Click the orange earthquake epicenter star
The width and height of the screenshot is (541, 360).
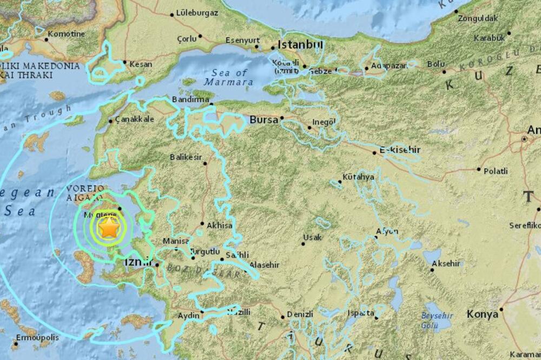click(x=109, y=228)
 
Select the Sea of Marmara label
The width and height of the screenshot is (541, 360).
click(x=229, y=77)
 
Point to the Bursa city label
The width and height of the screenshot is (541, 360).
click(x=263, y=119)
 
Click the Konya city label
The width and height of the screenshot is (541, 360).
click(x=482, y=314)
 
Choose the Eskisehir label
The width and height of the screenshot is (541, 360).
click(x=400, y=149)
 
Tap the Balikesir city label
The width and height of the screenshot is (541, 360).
click(x=186, y=157)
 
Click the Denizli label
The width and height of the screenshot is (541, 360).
click(x=301, y=314)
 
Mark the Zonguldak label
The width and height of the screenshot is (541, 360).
click(x=478, y=18)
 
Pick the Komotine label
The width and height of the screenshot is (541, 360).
click(x=66, y=34)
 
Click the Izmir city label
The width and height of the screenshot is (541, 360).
click(x=136, y=263)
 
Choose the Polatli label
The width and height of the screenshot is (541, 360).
click(x=496, y=171)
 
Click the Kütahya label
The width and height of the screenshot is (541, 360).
click(x=359, y=177)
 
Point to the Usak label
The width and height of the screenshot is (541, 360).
click(x=312, y=237)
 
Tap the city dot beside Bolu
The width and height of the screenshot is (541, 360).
click(x=444, y=71)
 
